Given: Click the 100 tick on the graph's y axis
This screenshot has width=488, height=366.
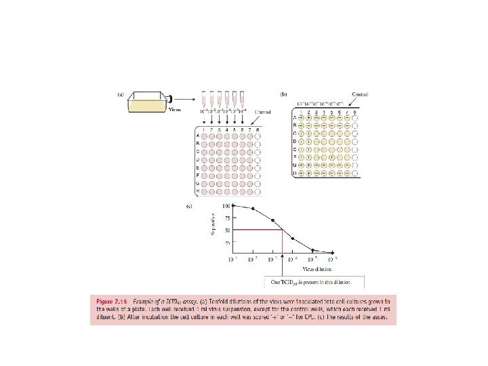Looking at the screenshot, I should [227, 205].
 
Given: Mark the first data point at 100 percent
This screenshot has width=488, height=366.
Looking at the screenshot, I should [235, 205].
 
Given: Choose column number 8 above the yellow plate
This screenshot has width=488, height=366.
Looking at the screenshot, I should [355, 110].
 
